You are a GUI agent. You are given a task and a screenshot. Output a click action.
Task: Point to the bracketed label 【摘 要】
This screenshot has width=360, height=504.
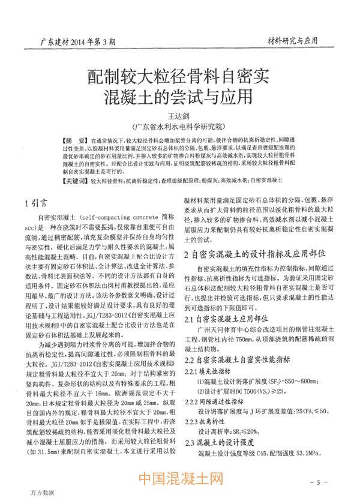74,139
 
